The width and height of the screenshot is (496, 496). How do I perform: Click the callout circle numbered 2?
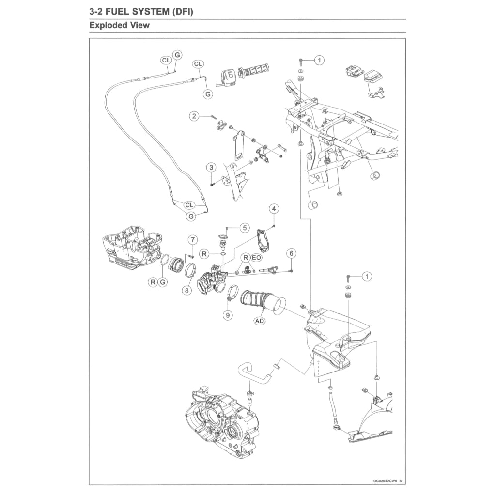(x=194, y=116)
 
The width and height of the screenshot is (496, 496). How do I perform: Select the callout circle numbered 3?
(x=211, y=168)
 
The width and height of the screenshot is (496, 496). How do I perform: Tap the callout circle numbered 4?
(x=274, y=209)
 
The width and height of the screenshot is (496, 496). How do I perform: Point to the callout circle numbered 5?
(x=244, y=227)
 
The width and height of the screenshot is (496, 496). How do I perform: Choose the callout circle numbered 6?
(x=291, y=253)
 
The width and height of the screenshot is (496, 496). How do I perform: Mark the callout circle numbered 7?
(x=192, y=240)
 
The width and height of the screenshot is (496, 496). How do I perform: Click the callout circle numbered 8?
(x=186, y=291)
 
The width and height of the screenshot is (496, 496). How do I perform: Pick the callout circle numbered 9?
(x=228, y=315)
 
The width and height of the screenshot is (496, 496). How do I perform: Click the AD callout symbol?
(x=260, y=321)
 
